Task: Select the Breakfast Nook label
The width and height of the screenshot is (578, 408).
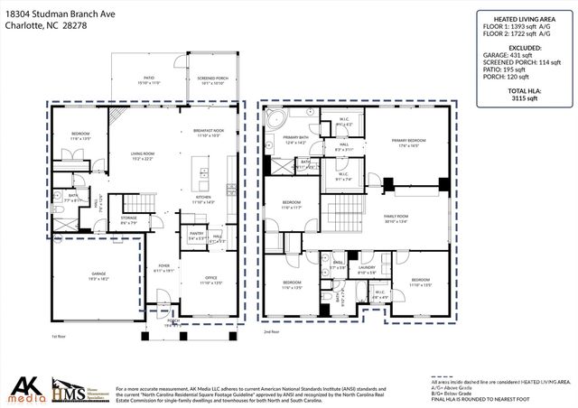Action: (x=208, y=132)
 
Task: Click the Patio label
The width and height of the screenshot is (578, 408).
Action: (x=147, y=79)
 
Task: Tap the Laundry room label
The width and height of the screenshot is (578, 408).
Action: (x=366, y=267)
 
